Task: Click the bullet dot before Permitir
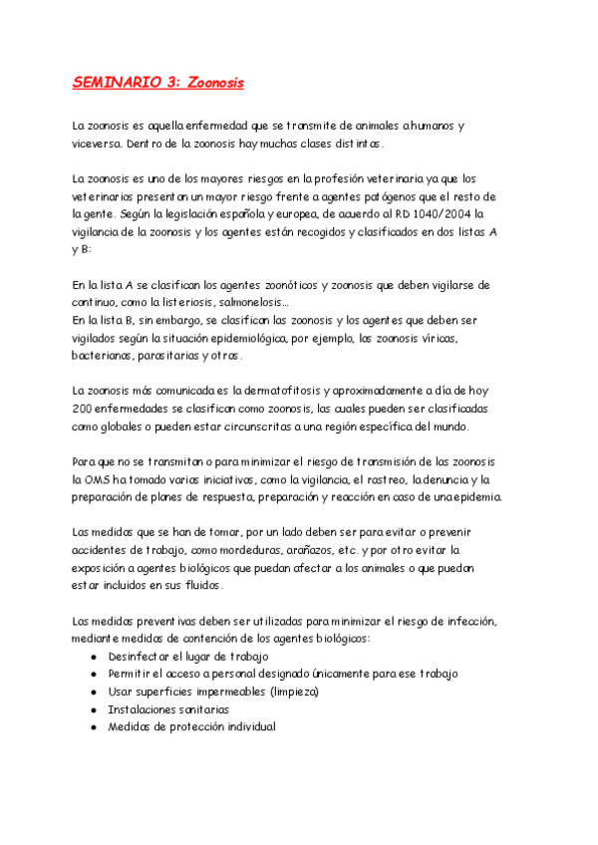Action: point(93,675)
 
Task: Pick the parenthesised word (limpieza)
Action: point(317,692)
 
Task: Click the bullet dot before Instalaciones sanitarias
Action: point(93,709)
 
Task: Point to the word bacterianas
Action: point(109,355)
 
